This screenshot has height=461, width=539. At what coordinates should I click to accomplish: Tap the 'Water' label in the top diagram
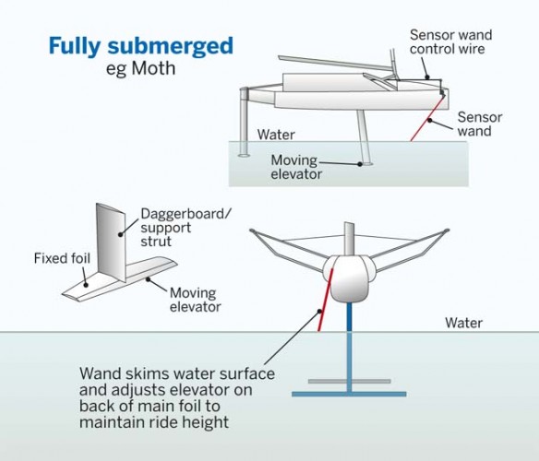[x=276, y=135]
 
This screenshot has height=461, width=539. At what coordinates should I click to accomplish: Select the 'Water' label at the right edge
[x=463, y=323]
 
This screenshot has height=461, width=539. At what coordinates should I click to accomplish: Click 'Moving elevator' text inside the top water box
[x=297, y=166]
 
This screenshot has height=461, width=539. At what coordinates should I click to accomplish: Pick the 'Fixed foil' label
[x=59, y=258]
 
